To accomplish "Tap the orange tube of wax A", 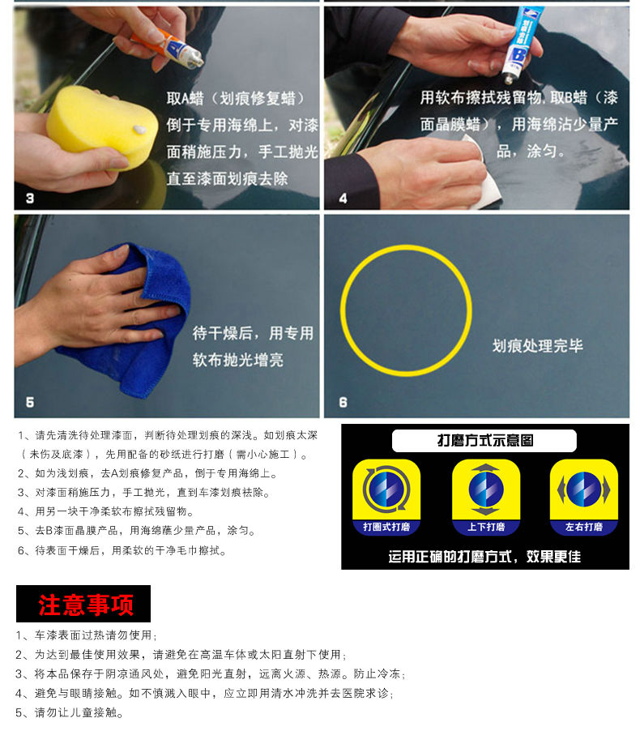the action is tap(169, 47).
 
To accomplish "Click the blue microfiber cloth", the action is tap(135, 322).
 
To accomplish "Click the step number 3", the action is tap(30, 199).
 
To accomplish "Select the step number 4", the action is tap(343, 199).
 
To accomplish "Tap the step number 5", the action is tap(30, 402).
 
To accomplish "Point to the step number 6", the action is tap(343, 402).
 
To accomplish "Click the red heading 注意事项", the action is tap(86, 605).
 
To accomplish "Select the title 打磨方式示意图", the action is tap(484, 441).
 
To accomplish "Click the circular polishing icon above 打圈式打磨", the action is tap(386, 489).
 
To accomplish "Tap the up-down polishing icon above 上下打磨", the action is tap(486, 489).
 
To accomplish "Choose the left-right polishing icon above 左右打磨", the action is tap(583, 489).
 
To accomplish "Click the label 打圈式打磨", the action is tap(386, 527).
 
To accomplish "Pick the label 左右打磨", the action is tap(583, 527).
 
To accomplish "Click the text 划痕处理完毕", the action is tap(537, 346).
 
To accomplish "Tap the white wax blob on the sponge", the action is tap(139, 130).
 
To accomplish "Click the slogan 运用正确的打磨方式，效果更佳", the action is tap(484, 556).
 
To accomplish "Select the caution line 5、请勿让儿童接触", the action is tap(70, 712).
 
